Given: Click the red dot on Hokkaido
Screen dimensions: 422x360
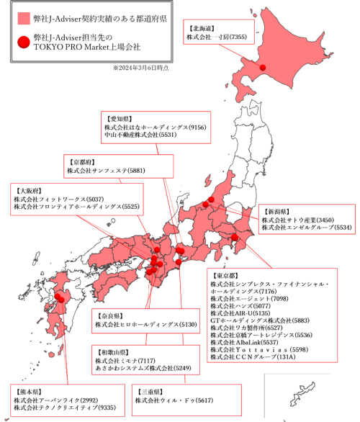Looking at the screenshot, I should coord(264,68).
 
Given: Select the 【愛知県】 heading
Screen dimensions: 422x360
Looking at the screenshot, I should coord(119,117).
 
